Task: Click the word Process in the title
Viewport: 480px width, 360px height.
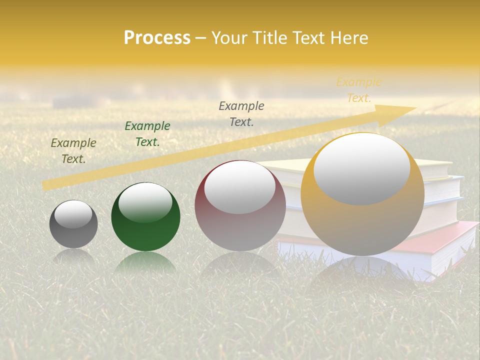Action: (157, 38)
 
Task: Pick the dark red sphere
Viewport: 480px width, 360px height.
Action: (240, 225)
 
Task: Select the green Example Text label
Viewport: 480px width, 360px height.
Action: (147, 134)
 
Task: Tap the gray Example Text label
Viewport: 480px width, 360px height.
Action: (241, 113)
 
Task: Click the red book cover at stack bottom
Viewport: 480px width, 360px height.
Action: (450, 235)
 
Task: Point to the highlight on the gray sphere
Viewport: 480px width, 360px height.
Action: (73, 214)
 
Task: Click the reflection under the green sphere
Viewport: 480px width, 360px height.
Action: (145, 262)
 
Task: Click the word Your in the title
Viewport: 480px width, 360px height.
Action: (231, 38)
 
